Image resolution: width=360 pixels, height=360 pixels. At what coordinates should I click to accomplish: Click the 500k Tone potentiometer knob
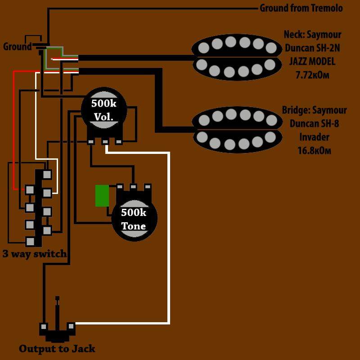pyautogui.click(x=134, y=219)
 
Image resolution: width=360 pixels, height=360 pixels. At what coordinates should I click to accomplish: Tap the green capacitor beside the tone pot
pyautogui.click(x=102, y=196)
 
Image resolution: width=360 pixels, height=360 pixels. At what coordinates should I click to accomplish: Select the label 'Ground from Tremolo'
pyautogui.click(x=301, y=8)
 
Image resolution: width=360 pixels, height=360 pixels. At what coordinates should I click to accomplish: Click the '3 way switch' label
pyautogui.click(x=35, y=253)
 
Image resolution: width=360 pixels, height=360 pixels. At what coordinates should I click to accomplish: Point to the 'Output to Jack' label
pyautogui.click(x=57, y=348)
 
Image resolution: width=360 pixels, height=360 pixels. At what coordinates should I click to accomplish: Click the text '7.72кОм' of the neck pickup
pyautogui.click(x=312, y=75)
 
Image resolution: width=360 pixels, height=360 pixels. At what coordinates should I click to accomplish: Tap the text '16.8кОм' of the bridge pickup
pyautogui.click(x=314, y=150)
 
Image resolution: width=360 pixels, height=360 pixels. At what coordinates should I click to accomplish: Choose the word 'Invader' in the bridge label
pyautogui.click(x=315, y=137)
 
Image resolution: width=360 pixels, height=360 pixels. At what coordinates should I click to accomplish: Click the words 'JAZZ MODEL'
pyautogui.click(x=313, y=62)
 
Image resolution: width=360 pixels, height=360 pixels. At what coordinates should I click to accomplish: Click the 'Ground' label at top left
pyautogui.click(x=17, y=46)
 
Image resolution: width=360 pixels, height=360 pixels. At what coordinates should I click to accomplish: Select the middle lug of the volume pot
pyautogui.click(x=105, y=142)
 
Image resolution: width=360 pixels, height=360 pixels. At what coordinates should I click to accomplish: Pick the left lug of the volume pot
pyautogui.click(x=91, y=142)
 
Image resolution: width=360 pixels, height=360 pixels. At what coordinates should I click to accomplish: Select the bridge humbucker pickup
pyautogui.click(x=237, y=129)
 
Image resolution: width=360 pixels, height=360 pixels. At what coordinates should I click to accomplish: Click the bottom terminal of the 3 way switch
pyautogui.click(x=30, y=242)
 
